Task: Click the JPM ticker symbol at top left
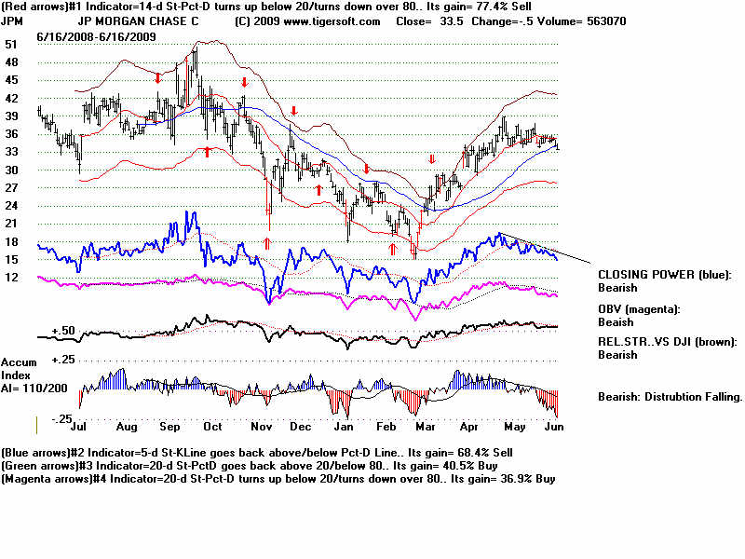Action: click(12, 21)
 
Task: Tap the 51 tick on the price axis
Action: click(11, 44)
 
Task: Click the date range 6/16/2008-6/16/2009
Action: click(97, 35)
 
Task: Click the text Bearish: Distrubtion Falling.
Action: click(670, 396)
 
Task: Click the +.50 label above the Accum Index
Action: click(63, 330)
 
